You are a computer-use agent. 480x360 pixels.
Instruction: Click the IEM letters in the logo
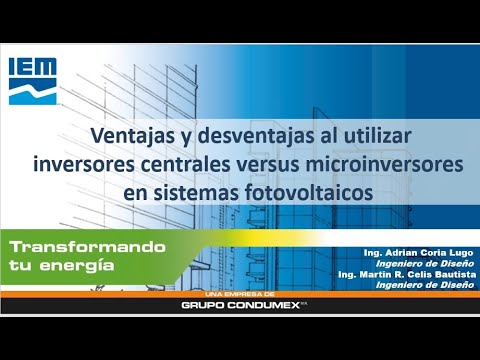(33, 66)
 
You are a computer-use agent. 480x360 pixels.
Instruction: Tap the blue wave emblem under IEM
(33, 92)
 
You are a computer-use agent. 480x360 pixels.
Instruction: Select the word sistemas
(196, 193)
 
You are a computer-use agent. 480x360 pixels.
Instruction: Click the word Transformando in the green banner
(88, 247)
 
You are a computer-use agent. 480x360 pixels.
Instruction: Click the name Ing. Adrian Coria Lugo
(418, 253)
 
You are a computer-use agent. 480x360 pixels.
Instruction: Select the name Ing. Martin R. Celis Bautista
(407, 274)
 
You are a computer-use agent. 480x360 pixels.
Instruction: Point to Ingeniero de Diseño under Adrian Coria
(425, 264)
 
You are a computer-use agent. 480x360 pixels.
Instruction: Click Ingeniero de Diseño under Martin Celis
(425, 285)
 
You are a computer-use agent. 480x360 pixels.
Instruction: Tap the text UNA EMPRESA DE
(240, 294)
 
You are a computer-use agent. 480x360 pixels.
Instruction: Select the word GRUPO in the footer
(203, 305)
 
